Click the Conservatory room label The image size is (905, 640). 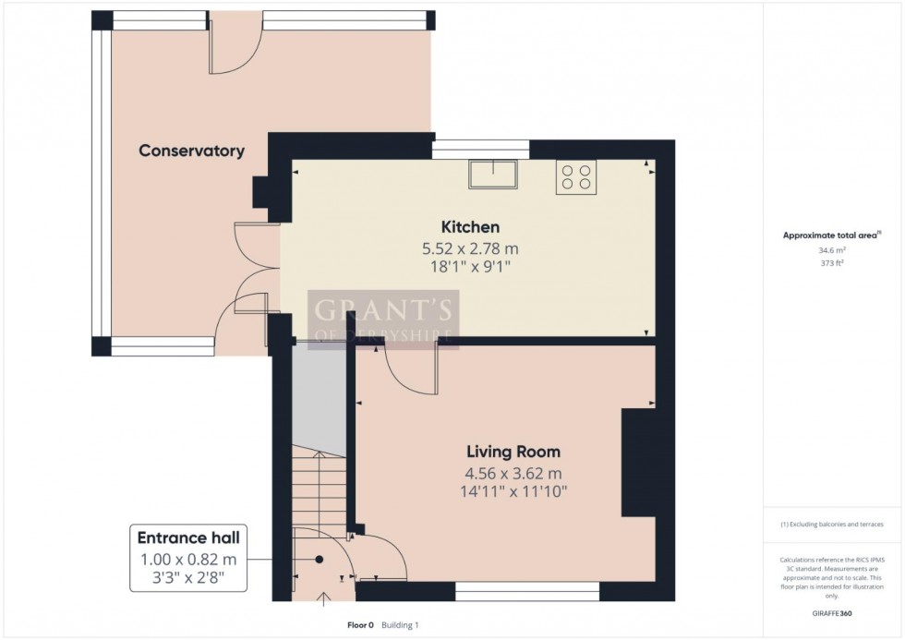192,151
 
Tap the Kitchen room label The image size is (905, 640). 470,227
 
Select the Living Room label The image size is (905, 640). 513,452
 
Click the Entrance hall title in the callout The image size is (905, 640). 188,537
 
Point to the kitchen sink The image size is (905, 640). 493,175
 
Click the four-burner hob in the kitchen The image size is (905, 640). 576,176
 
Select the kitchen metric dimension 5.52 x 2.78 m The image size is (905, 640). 470,248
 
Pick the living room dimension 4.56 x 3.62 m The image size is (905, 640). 513,474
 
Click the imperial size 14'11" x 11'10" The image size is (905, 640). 513,491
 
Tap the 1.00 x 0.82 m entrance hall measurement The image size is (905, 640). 188,560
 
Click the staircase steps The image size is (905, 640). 319,489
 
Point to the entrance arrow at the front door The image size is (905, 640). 323,599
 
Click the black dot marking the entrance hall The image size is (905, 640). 319,560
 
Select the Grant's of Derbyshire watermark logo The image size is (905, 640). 383,320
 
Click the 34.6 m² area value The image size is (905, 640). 832,250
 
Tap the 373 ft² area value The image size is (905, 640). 832,263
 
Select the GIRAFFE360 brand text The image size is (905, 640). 832,613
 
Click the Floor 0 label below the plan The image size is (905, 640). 360,625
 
